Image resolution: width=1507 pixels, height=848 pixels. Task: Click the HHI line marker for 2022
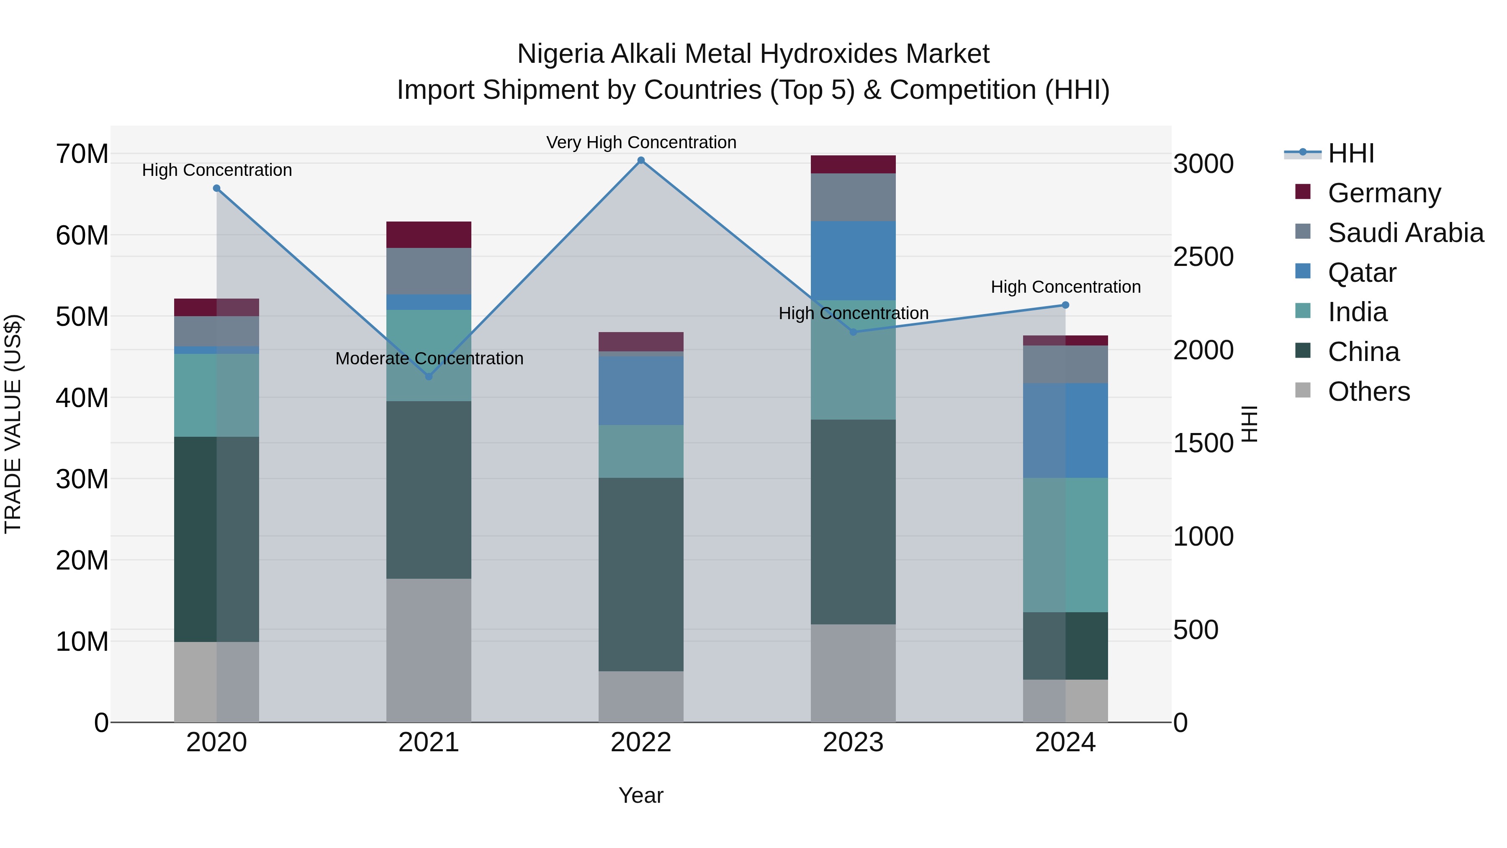[x=640, y=160]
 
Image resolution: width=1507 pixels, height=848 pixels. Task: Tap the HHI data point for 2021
[x=429, y=376]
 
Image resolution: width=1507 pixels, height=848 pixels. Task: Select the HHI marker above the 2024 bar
[x=1065, y=305]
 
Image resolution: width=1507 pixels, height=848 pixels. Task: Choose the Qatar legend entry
[x=1361, y=273]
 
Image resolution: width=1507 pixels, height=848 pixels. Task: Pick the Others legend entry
[x=1368, y=392]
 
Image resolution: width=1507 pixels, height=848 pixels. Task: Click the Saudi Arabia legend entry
[x=1405, y=233]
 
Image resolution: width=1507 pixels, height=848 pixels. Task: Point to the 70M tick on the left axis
[x=82, y=155]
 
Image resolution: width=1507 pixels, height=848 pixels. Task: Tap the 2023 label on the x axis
[x=853, y=742]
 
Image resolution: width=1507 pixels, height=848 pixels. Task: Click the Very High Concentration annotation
[x=641, y=142]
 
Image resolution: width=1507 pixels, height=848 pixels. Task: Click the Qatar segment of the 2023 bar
[x=853, y=260]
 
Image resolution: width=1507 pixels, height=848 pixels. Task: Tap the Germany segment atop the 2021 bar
[x=429, y=235]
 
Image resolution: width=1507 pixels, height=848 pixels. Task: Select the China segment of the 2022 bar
[x=640, y=574]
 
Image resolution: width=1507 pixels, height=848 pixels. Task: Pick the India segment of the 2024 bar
[x=1065, y=544]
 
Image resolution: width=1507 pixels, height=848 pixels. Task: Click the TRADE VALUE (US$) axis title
[x=13, y=424]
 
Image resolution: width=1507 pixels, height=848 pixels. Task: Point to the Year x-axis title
[x=640, y=795]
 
